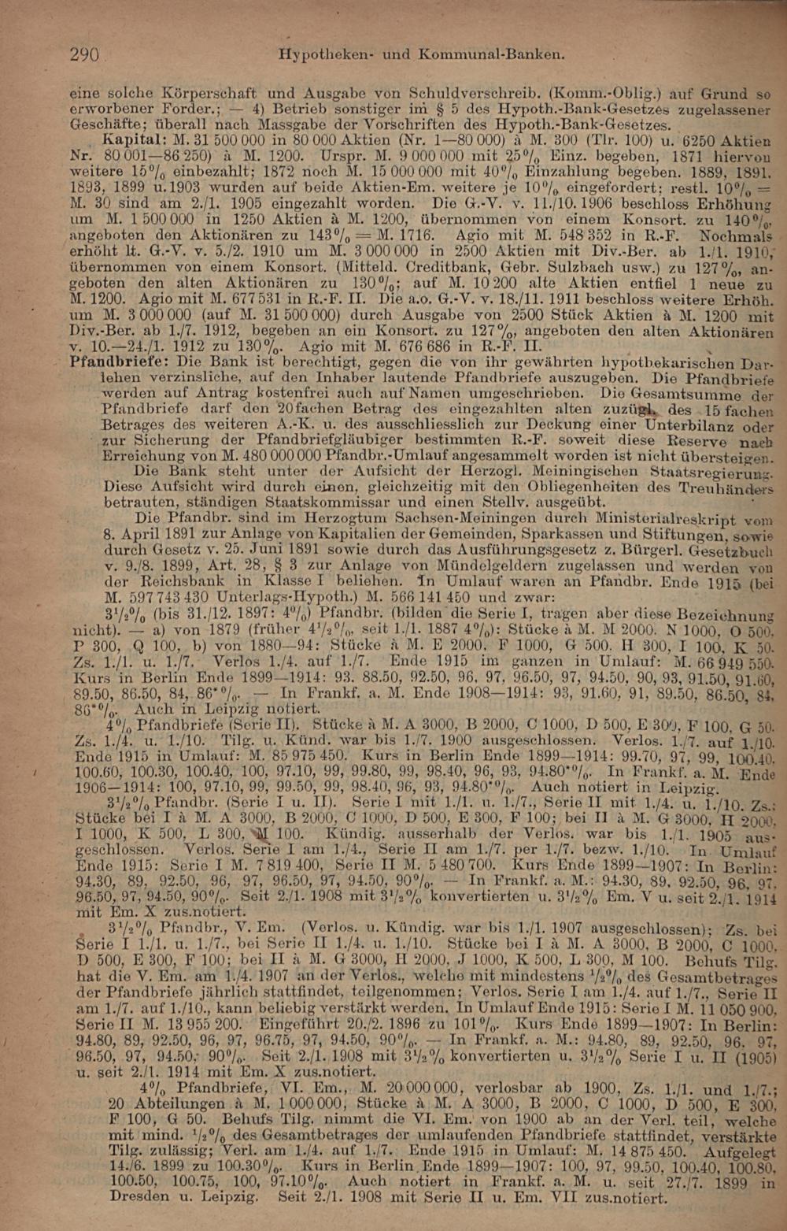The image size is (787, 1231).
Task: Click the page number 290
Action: point(84,54)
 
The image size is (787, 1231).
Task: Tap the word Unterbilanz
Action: point(688,425)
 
